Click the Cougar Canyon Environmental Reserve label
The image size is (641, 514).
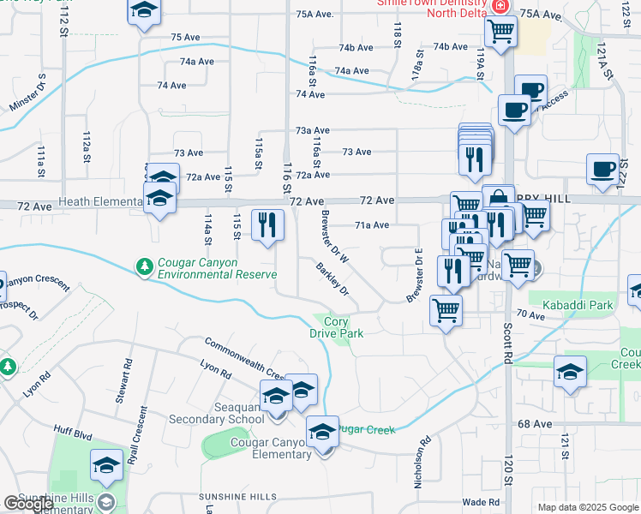pos(217,268)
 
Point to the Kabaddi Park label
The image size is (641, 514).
pos(571,305)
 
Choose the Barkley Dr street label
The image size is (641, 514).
pos(332,279)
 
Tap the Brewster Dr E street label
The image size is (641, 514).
pos(415,275)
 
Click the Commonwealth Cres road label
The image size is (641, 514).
pos(244,358)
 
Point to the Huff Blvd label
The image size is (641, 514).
pos(77,434)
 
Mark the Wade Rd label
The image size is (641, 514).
pos(480,502)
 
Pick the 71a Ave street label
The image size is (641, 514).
pos(372,225)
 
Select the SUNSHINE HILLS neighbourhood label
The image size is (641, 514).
pos(237,497)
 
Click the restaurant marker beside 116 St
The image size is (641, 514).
pos(267,225)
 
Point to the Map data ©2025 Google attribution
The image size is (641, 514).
pos(587,507)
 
